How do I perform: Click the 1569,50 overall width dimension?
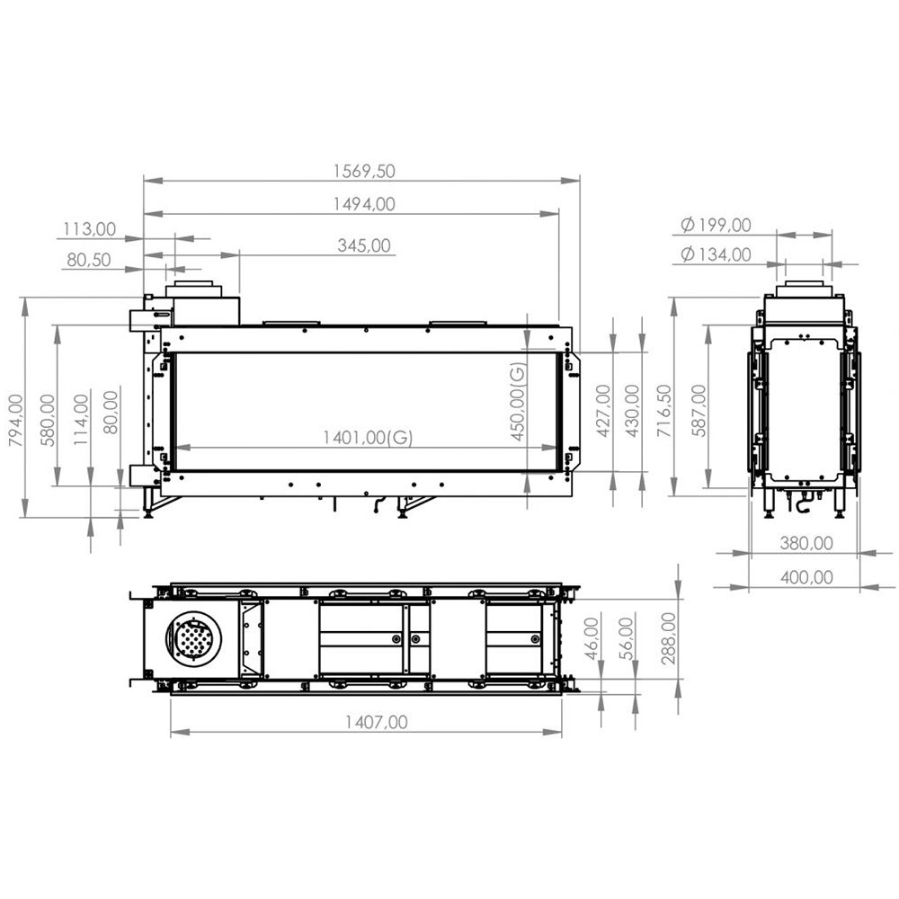point(364,171)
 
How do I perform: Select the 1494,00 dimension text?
point(364,203)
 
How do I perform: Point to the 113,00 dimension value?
point(89,228)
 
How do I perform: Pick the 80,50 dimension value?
point(89,260)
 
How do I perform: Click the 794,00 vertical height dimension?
point(16,420)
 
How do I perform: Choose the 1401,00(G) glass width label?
point(368,438)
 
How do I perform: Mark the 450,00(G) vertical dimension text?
point(518,402)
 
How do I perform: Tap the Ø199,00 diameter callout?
point(717,225)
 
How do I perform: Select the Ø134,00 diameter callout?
point(717,254)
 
